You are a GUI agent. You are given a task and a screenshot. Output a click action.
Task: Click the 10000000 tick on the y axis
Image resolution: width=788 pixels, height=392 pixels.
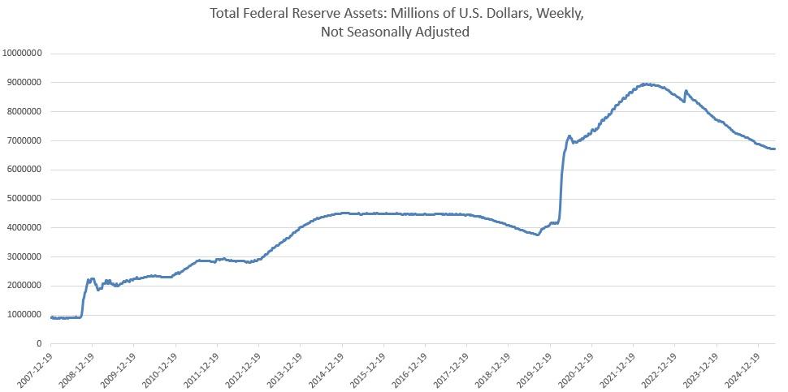click(x=23, y=54)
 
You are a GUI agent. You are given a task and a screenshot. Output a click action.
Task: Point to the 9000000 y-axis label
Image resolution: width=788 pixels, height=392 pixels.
click(x=24, y=83)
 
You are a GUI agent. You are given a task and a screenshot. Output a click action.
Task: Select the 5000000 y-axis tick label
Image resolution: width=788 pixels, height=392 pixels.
click(x=24, y=199)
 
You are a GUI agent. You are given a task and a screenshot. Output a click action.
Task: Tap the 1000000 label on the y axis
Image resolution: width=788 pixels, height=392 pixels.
click(x=24, y=315)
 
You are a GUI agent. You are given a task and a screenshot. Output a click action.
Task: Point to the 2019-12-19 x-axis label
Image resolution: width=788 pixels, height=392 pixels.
click(x=535, y=370)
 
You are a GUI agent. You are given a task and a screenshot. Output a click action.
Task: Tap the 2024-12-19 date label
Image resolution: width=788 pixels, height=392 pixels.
click(x=743, y=370)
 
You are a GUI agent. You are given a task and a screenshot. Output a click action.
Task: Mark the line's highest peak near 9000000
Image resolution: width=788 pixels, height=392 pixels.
click(x=645, y=84)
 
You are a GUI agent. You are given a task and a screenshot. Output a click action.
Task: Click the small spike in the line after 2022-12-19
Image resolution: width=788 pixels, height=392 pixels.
click(x=686, y=91)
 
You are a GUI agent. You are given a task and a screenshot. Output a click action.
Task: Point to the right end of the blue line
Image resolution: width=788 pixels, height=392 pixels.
click(x=774, y=149)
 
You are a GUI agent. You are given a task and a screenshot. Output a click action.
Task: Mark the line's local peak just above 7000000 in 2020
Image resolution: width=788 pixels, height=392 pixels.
click(x=569, y=136)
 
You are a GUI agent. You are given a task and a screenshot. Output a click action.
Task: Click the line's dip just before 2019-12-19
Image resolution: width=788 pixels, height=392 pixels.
click(x=537, y=235)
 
